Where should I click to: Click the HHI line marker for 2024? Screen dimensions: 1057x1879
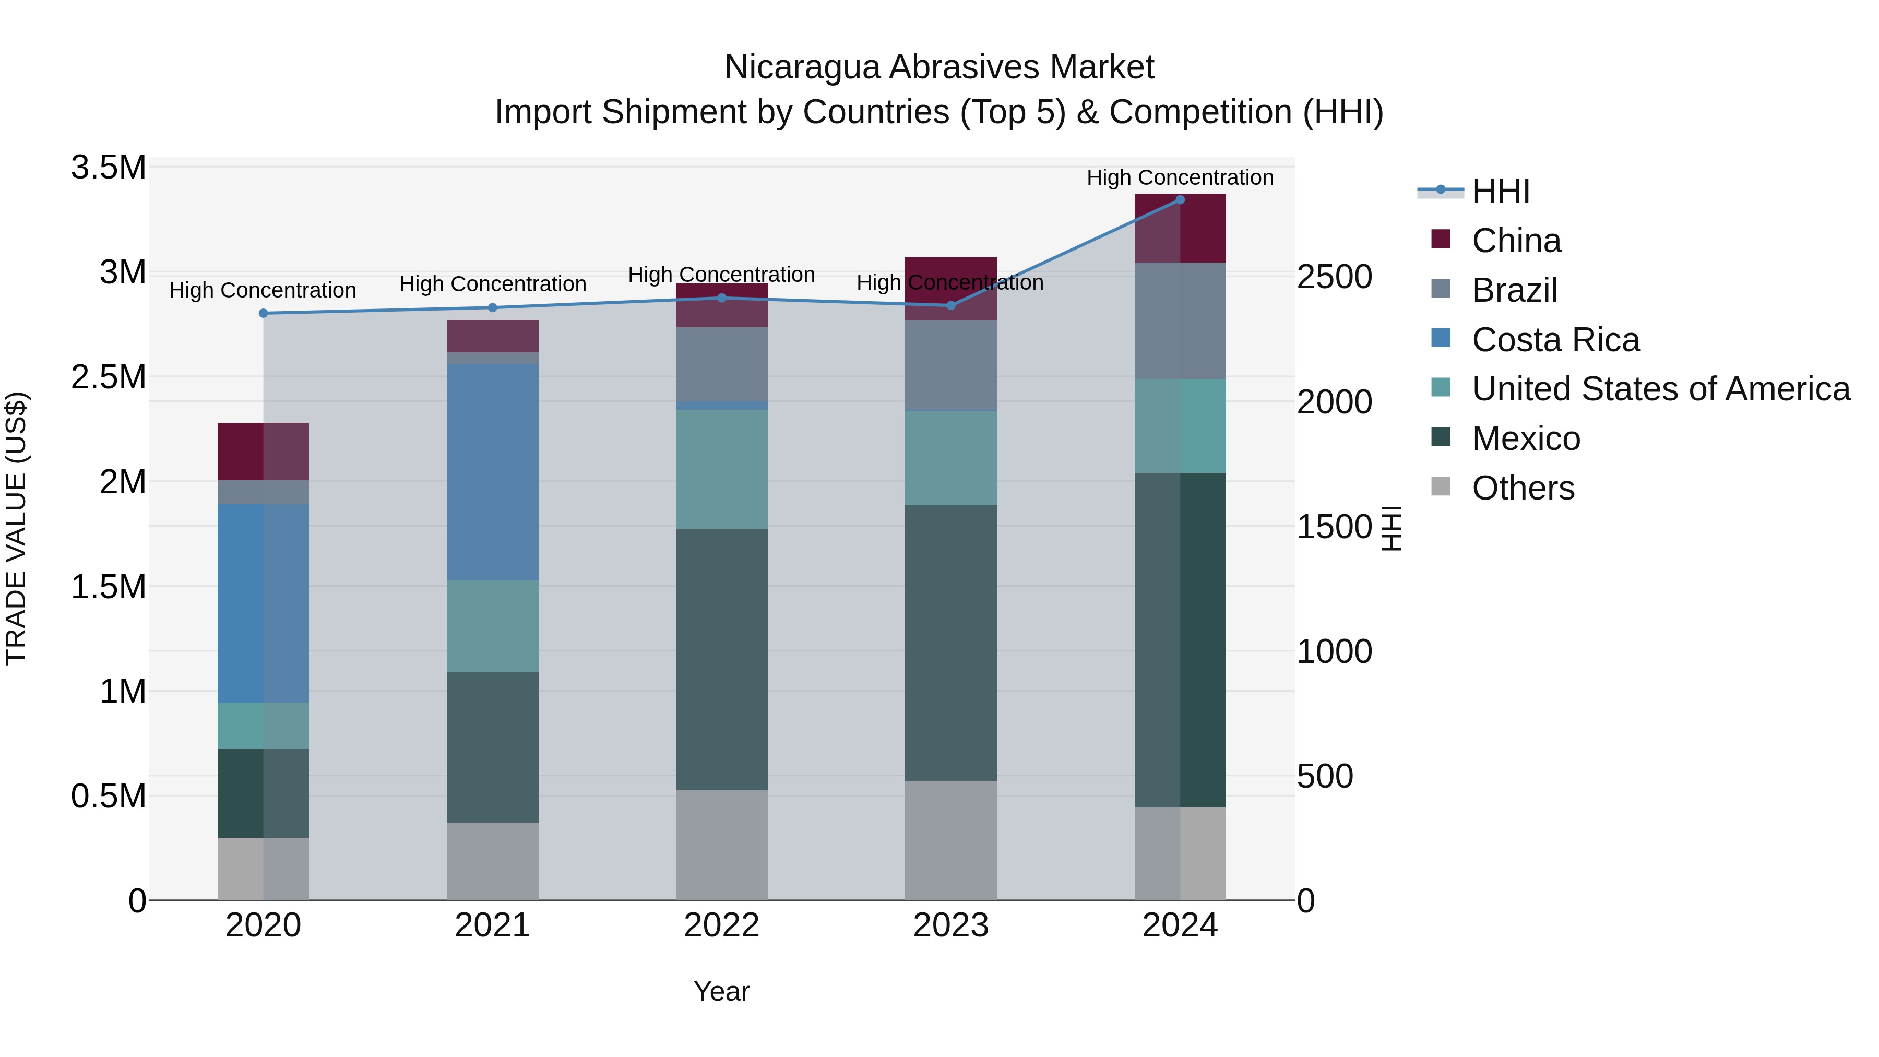tap(1180, 200)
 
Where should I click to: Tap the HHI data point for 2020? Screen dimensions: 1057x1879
tap(264, 314)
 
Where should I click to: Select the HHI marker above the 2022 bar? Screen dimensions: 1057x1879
tap(721, 298)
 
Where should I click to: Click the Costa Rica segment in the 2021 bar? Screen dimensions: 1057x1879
tap(492, 472)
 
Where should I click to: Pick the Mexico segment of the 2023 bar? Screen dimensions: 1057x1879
tap(950, 643)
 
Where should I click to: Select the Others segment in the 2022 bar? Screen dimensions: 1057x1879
tap(721, 845)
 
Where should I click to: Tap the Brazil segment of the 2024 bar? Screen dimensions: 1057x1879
tap(1180, 320)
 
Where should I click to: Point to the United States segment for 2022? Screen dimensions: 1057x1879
tap(721, 469)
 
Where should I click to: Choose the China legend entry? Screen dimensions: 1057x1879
tap(1516, 241)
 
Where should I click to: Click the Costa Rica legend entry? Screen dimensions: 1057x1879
tap(1555, 340)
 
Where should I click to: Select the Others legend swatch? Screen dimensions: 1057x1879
tap(1441, 486)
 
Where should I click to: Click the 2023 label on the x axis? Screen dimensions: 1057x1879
tap(950, 925)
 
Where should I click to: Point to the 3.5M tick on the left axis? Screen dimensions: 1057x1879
tap(109, 168)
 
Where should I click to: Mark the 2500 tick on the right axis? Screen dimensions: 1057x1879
tap(1334, 277)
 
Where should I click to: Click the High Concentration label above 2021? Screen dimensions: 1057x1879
tap(492, 284)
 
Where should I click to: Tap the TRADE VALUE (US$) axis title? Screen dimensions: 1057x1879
tap(16, 528)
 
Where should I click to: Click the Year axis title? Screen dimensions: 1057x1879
tap(721, 991)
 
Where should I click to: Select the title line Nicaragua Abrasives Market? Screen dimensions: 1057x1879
tap(939, 67)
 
